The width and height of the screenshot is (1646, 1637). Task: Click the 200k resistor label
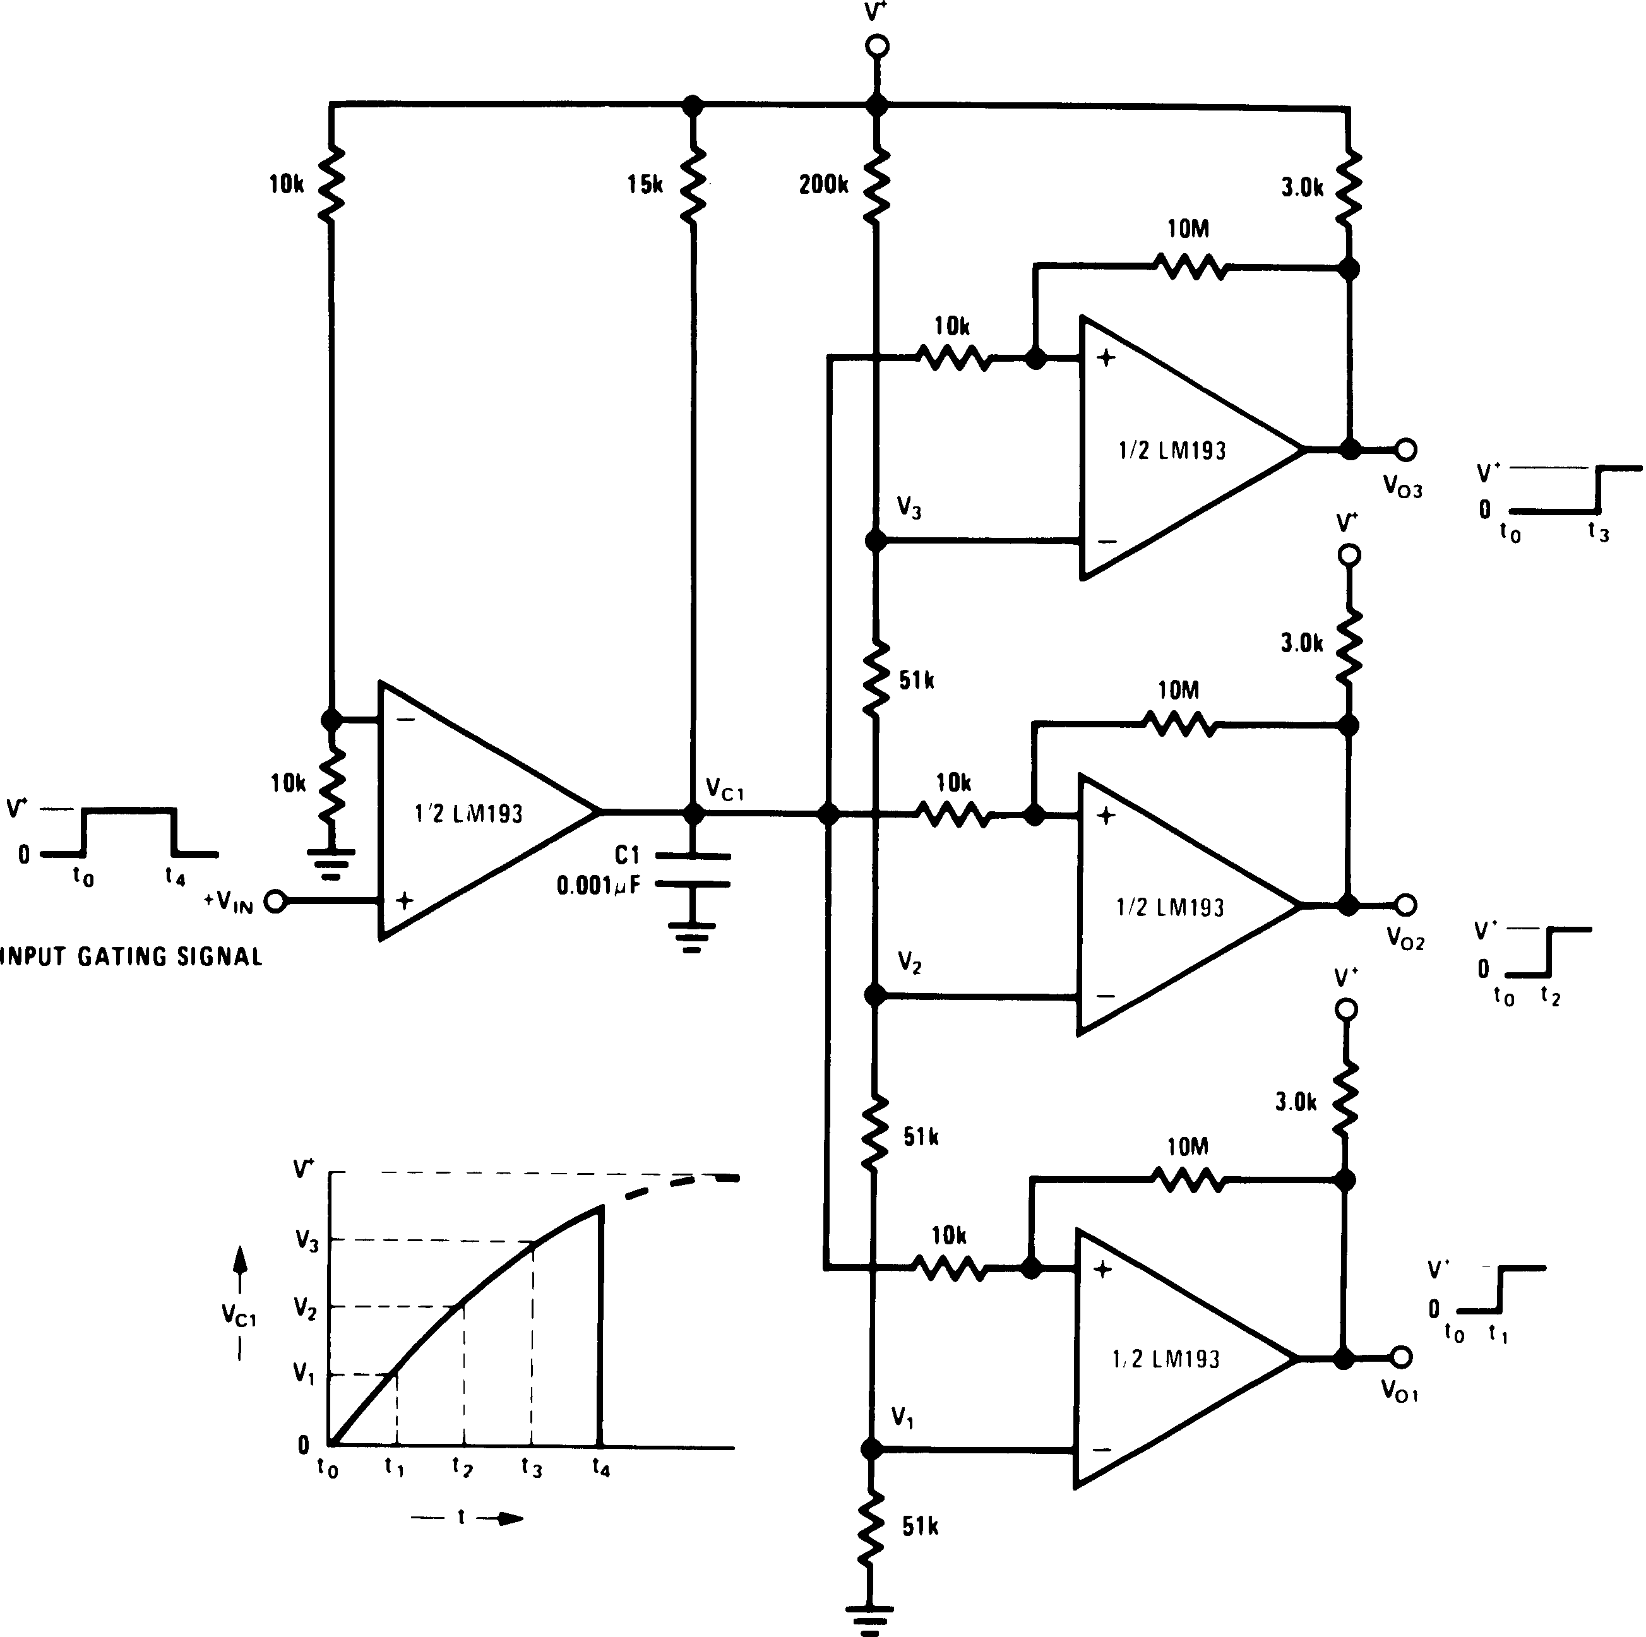823,185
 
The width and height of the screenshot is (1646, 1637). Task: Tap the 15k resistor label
645,185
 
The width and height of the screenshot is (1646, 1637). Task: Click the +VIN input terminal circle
275,901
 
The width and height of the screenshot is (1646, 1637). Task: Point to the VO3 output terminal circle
1405,449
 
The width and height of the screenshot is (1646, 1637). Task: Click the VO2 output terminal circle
1405,905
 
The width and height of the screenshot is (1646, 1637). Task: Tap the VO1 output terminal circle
1402,1357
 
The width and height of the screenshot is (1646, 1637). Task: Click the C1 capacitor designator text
627,855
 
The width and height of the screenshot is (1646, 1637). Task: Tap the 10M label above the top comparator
1188,229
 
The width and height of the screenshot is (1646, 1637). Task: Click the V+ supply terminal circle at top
877,46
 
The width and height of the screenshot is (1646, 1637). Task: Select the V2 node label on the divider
909,963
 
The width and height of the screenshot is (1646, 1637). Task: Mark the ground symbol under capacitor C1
692,937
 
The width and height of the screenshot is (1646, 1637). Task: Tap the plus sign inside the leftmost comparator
405,900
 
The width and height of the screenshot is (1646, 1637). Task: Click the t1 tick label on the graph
393,1467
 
